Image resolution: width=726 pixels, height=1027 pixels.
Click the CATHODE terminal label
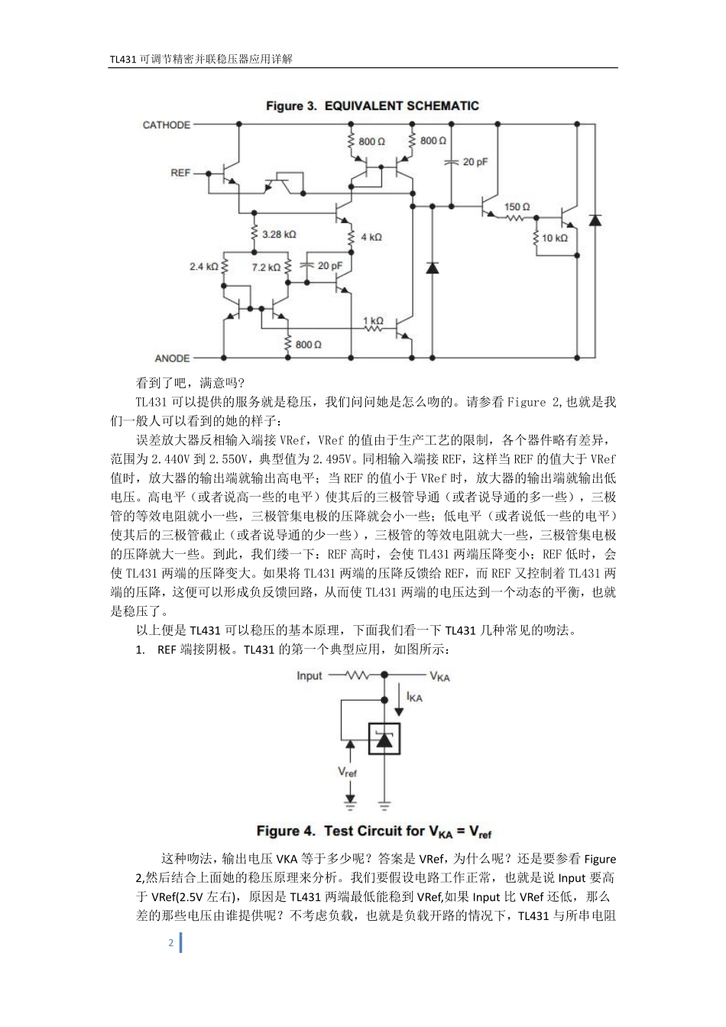[167, 125]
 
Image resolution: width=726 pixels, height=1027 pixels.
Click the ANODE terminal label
[172, 358]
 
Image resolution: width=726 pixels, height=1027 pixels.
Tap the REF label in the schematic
[180, 173]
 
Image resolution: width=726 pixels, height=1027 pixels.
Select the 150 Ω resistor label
[517, 207]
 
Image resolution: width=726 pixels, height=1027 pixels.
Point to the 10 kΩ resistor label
[555, 238]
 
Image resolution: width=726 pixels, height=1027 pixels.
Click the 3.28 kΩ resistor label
[278, 235]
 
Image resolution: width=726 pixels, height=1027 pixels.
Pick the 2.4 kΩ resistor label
[204, 267]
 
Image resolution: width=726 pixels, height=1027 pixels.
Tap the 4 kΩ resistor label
[371, 237]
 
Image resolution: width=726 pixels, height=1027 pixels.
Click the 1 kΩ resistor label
[373, 322]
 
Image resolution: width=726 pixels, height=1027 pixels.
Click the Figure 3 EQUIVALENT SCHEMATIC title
[372, 105]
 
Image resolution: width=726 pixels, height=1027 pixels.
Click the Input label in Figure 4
[310, 675]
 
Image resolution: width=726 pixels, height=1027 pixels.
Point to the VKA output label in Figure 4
[439, 676]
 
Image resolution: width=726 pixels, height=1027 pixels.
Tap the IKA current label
[415, 697]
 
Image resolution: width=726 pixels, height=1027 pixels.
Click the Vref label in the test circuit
[348, 773]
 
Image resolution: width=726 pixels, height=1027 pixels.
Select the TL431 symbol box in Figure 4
[384, 737]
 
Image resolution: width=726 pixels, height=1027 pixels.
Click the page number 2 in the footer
[170, 943]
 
